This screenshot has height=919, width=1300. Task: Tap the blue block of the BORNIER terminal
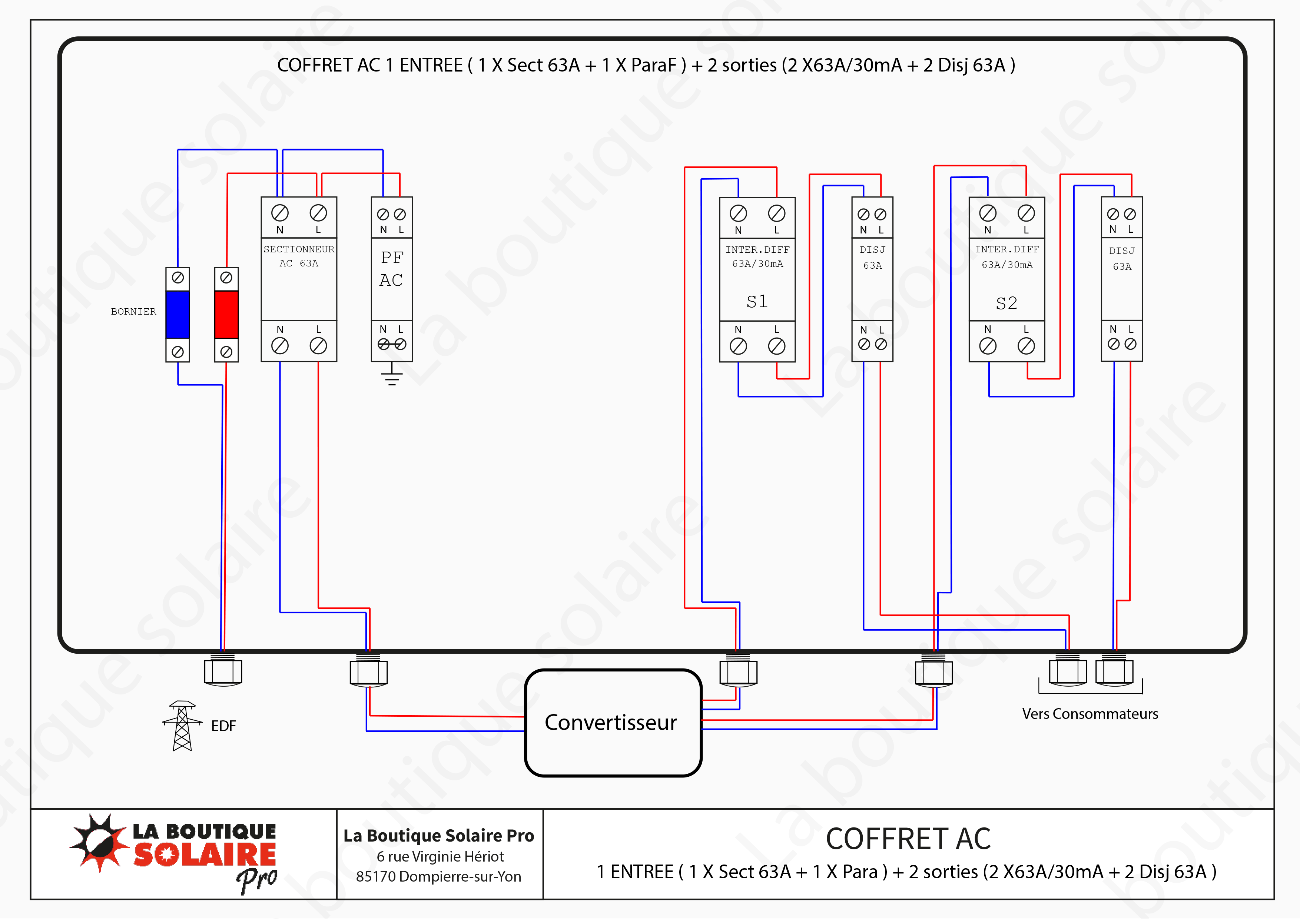click(x=177, y=314)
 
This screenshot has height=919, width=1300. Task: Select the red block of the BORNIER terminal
click(x=226, y=314)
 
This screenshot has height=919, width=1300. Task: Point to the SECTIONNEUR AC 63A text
click(x=299, y=256)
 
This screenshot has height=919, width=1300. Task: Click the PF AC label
click(x=391, y=269)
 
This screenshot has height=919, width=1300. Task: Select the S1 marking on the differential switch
click(x=757, y=302)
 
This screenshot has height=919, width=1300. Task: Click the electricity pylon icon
click(x=182, y=726)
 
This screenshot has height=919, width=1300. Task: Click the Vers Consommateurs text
click(x=1090, y=714)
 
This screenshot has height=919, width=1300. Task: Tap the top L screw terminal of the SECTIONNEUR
click(x=318, y=213)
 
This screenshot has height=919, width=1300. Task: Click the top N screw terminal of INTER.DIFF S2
click(x=988, y=213)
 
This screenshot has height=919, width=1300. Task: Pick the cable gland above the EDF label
click(x=223, y=671)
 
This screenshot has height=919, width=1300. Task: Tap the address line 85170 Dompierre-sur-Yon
click(x=438, y=876)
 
